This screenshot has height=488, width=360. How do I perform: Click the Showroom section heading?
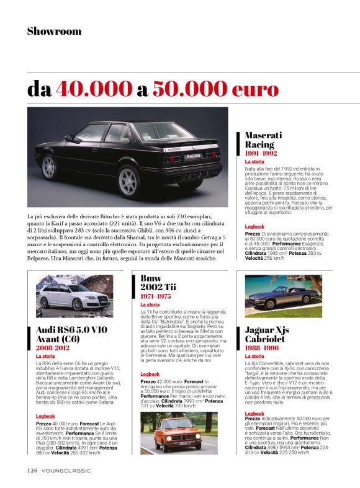click(x=54, y=31)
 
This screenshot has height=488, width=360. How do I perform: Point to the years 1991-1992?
click(x=261, y=153)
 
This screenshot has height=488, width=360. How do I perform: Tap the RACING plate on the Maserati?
click(x=194, y=156)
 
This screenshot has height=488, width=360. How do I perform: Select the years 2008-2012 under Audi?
click(x=54, y=348)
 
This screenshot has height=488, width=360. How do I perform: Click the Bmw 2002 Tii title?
click(x=158, y=283)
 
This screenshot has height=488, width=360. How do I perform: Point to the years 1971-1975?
click(x=156, y=296)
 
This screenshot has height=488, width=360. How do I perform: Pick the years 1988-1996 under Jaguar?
click(x=262, y=348)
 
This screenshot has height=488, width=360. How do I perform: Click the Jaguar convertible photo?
click(x=283, y=295)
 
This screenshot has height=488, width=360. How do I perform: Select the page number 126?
click(x=33, y=471)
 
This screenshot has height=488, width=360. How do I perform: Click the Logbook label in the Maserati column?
click(x=254, y=226)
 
